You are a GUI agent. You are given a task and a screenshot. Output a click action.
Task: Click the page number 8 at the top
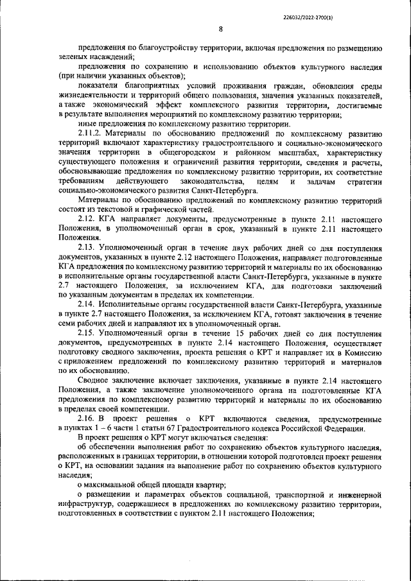[x=220, y=29]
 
